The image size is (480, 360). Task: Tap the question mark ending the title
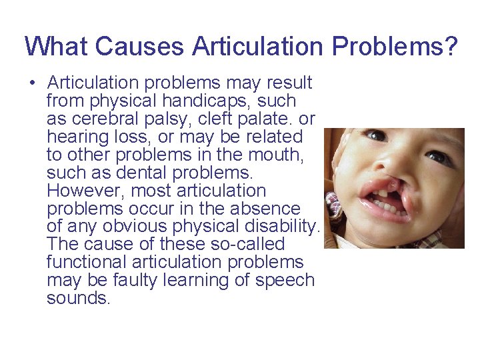pyautogui.click(x=451, y=47)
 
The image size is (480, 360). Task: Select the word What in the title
pyautogui.click(x=56, y=47)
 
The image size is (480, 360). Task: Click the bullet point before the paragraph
pyautogui.click(x=31, y=83)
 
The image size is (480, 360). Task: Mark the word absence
pyautogui.click(x=267, y=209)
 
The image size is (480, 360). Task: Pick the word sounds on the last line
pyautogui.click(x=77, y=299)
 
